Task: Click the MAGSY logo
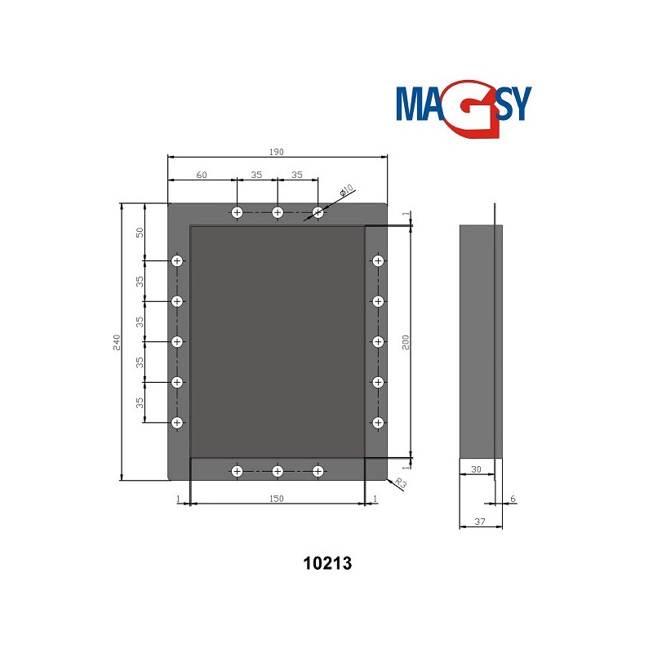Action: pos(464,109)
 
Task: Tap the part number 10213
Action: pos(327,563)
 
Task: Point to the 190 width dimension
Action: pos(276,152)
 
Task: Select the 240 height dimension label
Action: pos(117,342)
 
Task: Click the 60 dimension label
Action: pos(202,175)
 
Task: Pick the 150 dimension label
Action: pos(276,499)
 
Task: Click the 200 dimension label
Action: pos(406,342)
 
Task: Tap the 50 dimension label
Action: pos(140,233)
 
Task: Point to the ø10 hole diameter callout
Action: pos(346,190)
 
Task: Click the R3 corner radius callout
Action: pos(400,483)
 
